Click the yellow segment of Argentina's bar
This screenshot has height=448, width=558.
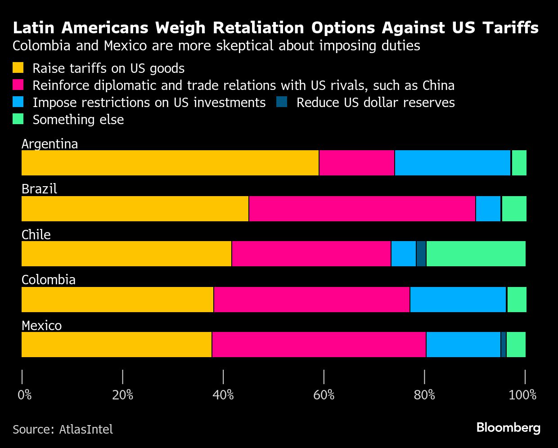click(x=170, y=163)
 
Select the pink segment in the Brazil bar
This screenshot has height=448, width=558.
click(x=362, y=209)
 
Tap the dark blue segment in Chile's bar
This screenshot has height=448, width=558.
click(x=421, y=254)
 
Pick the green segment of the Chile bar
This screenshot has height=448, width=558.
click(x=476, y=254)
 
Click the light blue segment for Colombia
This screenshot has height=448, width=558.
click(x=458, y=300)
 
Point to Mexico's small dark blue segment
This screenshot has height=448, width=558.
click(x=504, y=345)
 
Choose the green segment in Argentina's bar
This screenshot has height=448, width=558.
click(x=519, y=163)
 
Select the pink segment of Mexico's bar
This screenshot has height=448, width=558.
click(x=319, y=345)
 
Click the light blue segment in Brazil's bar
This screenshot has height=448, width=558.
click(x=488, y=209)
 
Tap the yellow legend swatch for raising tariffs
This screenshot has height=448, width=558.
click(x=18, y=68)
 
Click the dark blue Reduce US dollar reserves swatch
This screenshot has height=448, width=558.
click(x=282, y=102)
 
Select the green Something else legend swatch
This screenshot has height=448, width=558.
click(x=18, y=119)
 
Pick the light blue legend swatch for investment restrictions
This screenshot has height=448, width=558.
click(x=18, y=102)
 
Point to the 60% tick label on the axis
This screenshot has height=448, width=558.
click(x=324, y=395)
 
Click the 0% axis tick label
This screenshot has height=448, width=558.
click(x=25, y=395)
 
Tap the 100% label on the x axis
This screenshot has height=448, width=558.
click(x=522, y=395)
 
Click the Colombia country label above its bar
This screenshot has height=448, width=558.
click(x=49, y=280)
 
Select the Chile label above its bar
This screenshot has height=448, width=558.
click(x=36, y=234)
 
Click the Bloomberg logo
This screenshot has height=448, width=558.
click(x=508, y=427)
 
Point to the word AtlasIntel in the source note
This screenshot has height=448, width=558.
click(x=86, y=430)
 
